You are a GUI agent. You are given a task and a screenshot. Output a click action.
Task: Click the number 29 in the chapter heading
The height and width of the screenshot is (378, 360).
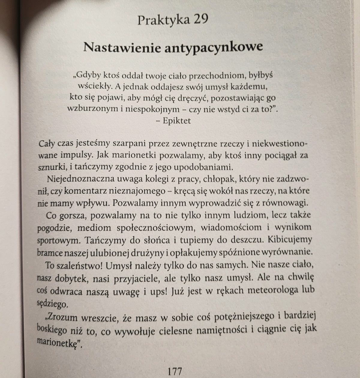201,20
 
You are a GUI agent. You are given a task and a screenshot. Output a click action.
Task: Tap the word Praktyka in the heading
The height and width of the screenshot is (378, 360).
163,20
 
